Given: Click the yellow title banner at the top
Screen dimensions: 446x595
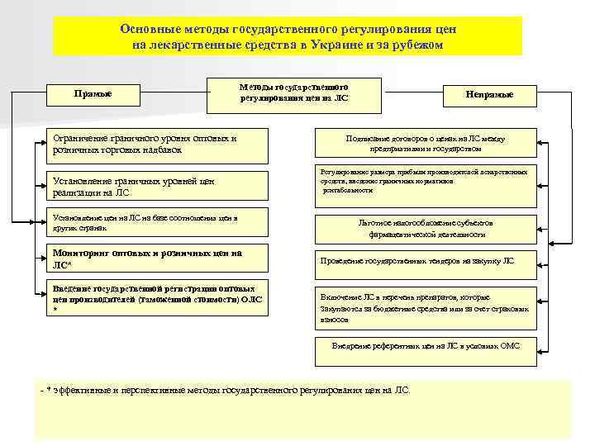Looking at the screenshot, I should [x=288, y=36].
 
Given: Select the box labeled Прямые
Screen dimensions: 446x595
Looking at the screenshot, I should [x=93, y=93].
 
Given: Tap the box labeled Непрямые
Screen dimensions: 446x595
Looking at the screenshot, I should [x=491, y=95].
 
